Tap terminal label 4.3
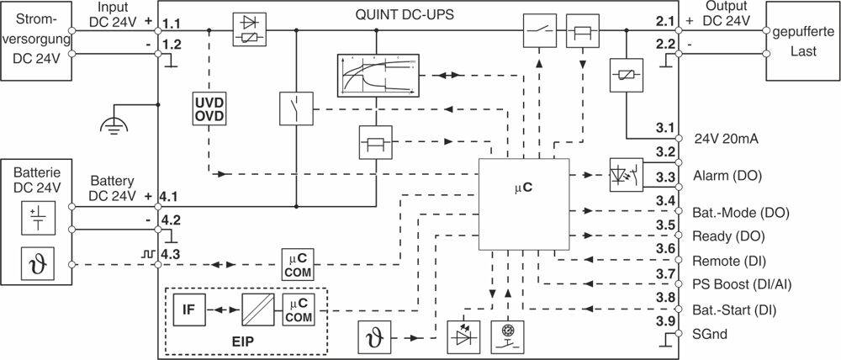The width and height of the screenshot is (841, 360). [x=172, y=252]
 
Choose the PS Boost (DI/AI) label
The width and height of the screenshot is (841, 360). [x=740, y=283]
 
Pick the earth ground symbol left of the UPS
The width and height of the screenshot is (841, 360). [x=110, y=124]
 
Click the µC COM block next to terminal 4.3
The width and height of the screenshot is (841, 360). [x=296, y=262]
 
